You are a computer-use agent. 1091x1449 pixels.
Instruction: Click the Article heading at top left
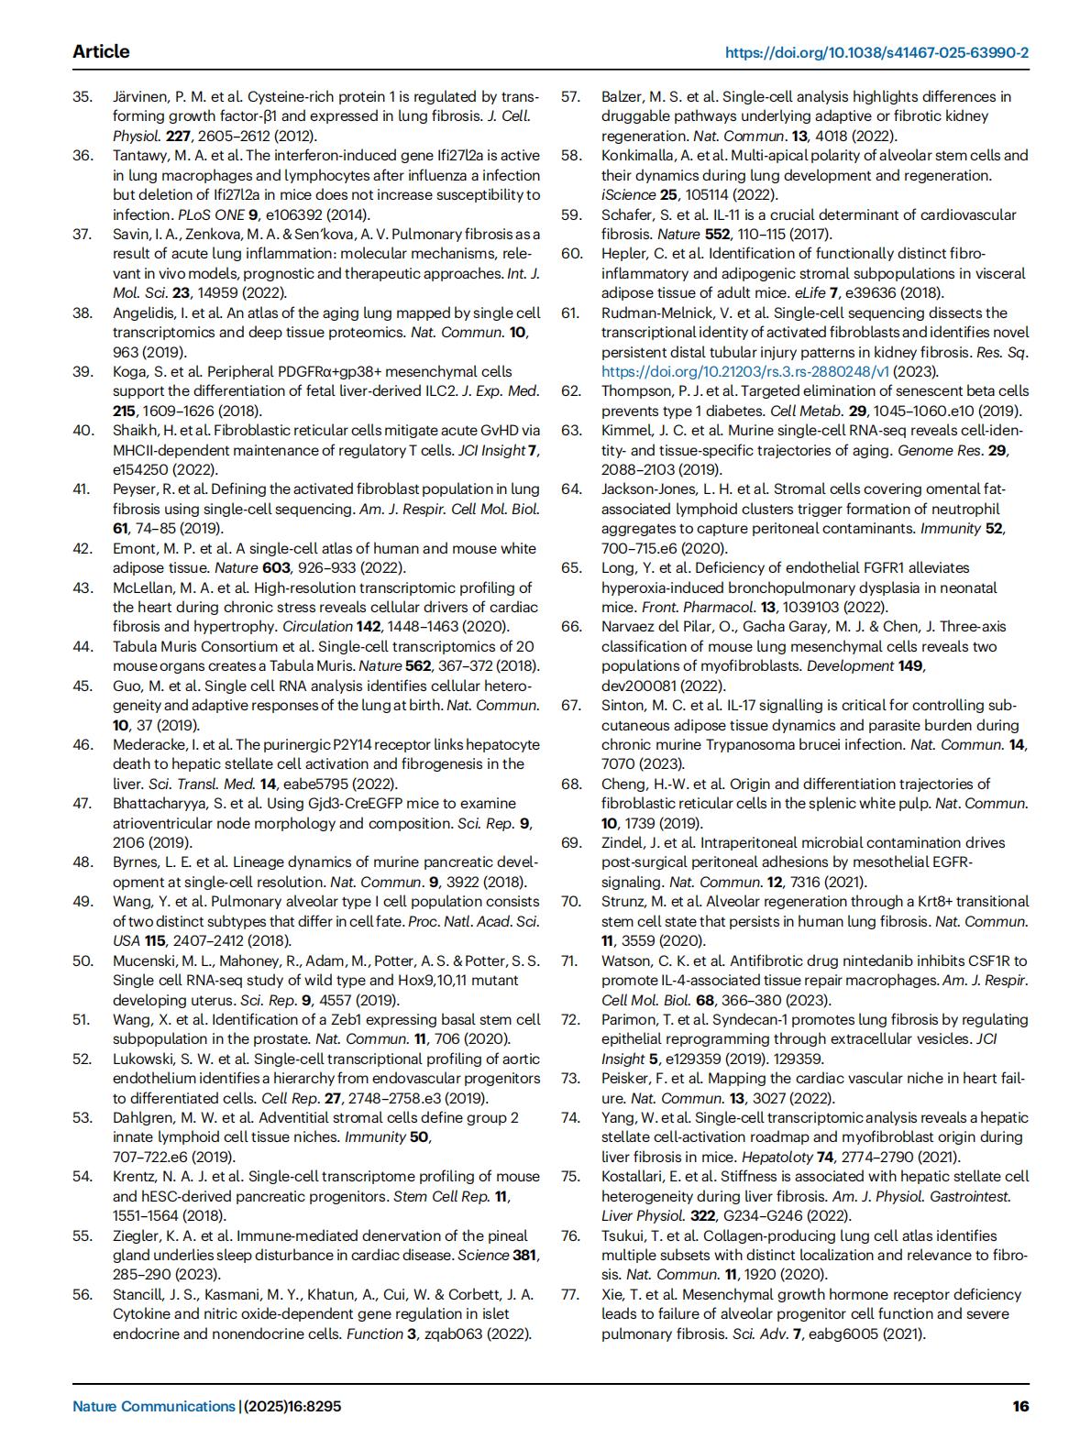101,51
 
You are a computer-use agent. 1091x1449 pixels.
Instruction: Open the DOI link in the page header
876,52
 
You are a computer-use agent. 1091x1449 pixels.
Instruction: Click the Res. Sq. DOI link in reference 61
745,371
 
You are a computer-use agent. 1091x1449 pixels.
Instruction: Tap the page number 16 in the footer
1020,1406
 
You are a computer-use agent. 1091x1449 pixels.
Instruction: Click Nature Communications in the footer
154,1406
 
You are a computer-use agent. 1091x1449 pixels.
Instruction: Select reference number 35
83,96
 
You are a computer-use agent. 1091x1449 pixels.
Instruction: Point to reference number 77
571,1294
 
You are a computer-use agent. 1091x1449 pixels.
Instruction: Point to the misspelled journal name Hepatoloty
777,1157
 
